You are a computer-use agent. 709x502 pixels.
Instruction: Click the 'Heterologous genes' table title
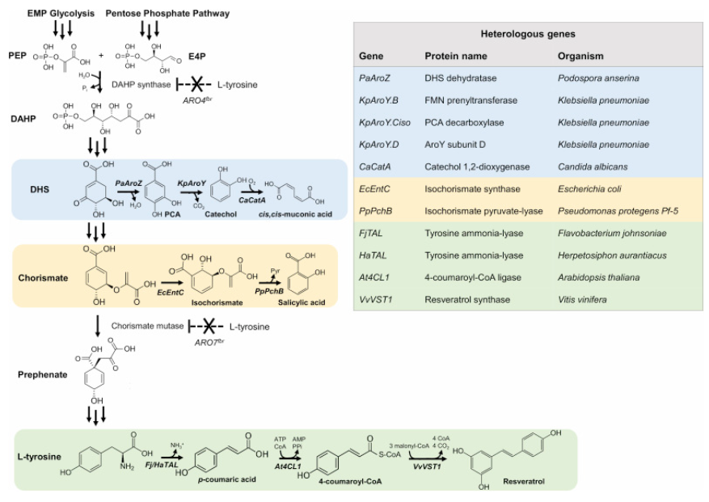(x=529, y=35)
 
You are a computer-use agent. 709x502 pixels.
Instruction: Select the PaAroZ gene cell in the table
(x=376, y=78)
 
